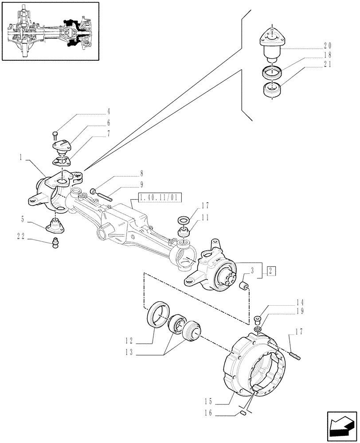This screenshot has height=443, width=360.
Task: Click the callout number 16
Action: point(208,413)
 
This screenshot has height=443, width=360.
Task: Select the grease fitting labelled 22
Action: point(55,243)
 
